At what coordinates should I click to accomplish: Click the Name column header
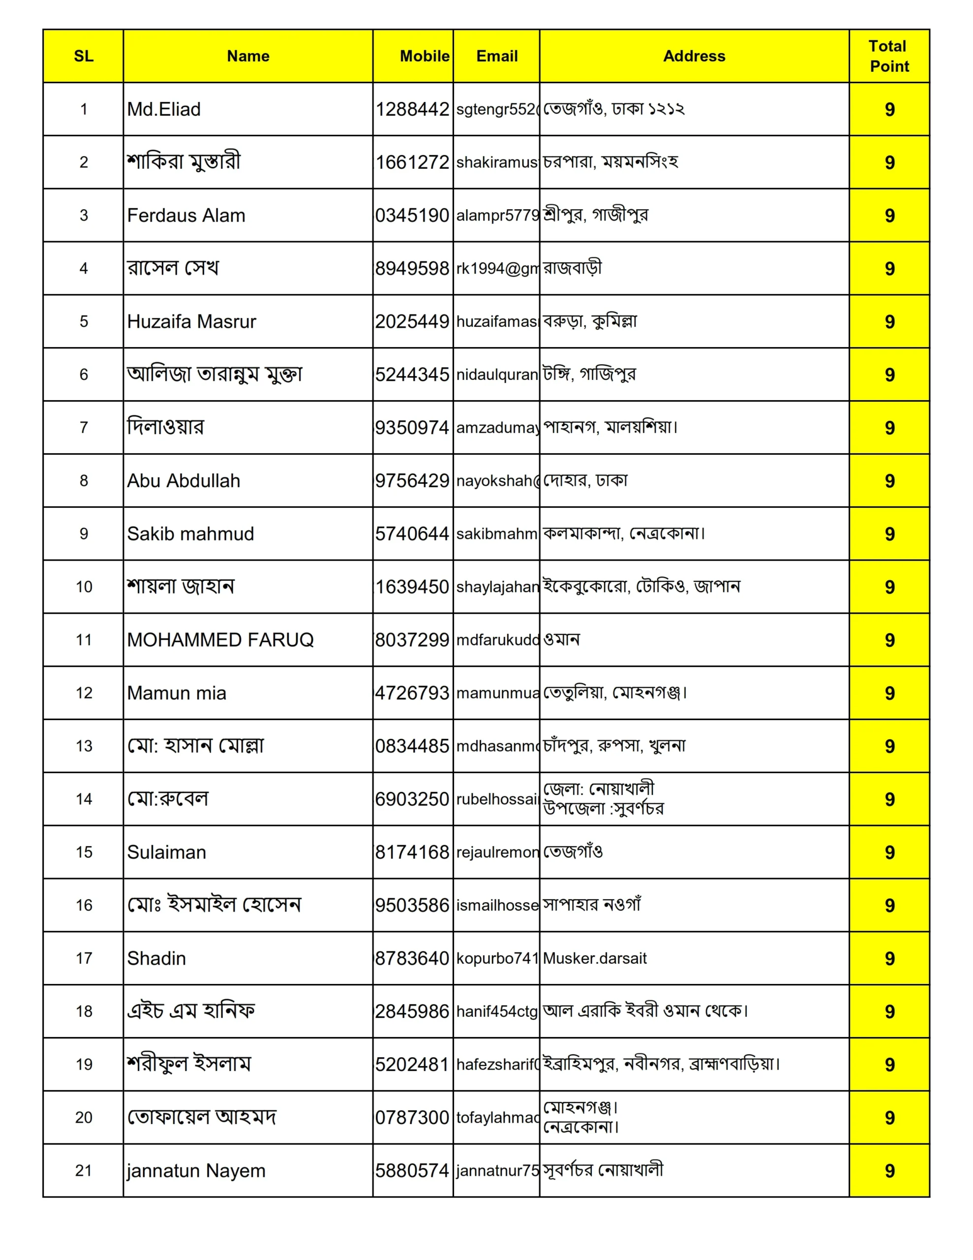coord(248,56)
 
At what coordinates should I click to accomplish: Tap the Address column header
coord(694,56)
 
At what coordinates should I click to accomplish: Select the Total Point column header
coord(889,56)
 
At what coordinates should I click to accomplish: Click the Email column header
coord(497,56)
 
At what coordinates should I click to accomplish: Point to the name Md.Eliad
coord(164,109)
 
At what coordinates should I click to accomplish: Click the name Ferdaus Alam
coord(186,215)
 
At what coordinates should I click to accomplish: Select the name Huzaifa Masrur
coord(191,321)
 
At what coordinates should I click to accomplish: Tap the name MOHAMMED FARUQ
coord(220,640)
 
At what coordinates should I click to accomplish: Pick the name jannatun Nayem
coord(196,1170)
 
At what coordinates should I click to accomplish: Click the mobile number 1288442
coord(412,109)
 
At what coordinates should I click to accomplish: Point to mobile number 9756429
coord(412,480)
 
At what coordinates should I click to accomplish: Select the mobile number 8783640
coord(412,958)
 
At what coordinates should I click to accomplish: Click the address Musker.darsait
coord(595,958)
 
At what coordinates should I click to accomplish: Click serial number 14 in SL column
coord(84,799)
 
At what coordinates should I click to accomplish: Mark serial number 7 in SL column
coord(84,428)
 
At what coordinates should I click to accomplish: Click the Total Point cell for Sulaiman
coord(889,852)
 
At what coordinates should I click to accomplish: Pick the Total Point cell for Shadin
coord(889,958)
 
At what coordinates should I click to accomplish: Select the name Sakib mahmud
coord(190,534)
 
